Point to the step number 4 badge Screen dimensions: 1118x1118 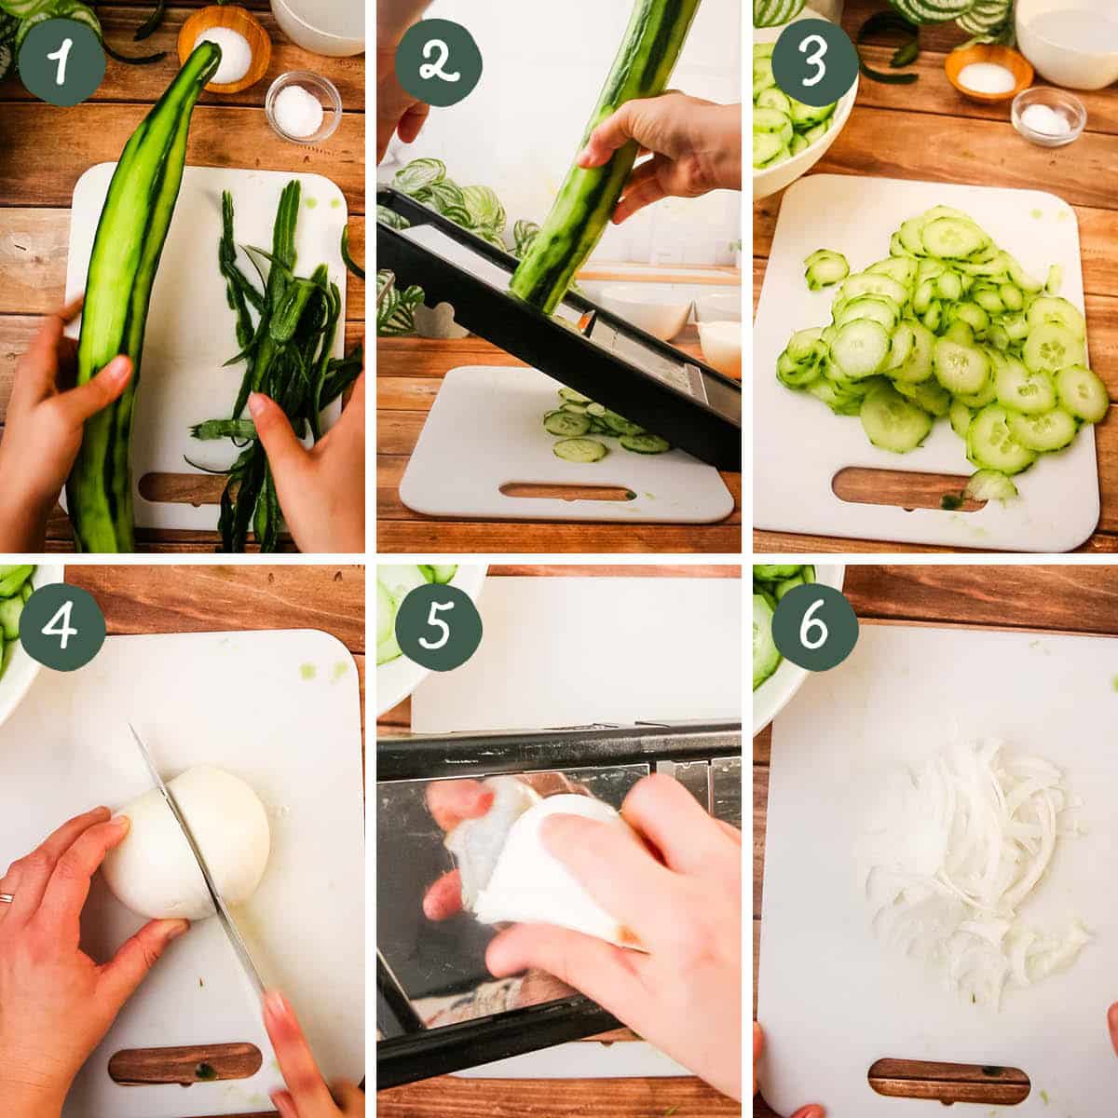click(x=61, y=625)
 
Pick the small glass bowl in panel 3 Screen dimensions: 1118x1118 click(x=1048, y=116)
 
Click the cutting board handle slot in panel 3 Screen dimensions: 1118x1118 click(x=908, y=491)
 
